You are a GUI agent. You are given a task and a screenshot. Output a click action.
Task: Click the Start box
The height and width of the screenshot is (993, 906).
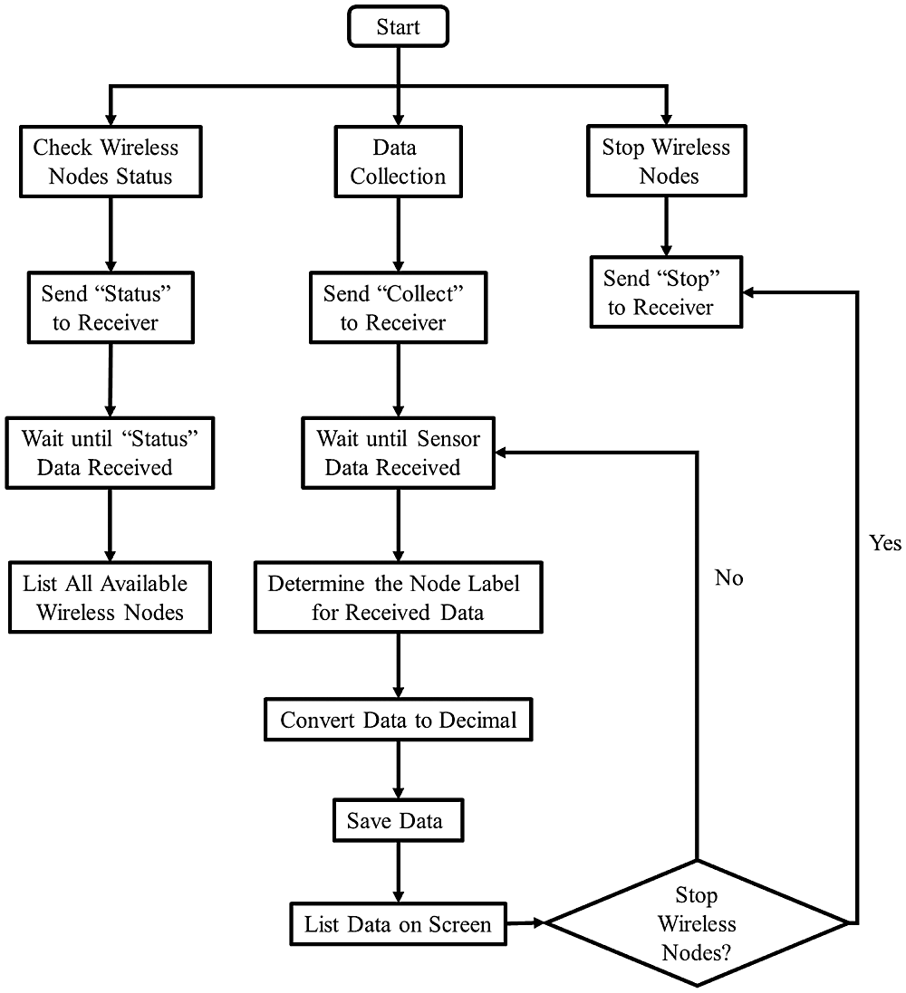pos(399,27)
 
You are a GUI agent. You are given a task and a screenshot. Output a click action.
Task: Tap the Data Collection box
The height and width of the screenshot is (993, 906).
pos(399,161)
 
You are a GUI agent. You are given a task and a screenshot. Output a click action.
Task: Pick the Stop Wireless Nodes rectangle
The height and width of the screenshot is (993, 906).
pos(666,161)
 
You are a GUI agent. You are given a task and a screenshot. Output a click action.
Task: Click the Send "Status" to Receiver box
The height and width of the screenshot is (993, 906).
pos(111,308)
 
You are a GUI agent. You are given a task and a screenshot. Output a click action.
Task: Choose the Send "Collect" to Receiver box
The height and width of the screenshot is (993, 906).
pos(399,308)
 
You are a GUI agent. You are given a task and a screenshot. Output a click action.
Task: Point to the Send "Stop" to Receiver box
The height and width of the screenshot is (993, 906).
pos(666,292)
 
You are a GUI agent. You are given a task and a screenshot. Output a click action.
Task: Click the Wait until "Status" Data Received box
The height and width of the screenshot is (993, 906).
pos(111,453)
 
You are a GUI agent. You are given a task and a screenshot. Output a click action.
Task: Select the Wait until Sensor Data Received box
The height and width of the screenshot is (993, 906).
pos(399,453)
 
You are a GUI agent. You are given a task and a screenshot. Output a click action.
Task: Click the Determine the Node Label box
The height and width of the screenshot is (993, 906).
pos(399,597)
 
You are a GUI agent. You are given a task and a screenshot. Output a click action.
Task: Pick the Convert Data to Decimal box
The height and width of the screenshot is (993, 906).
pos(399,720)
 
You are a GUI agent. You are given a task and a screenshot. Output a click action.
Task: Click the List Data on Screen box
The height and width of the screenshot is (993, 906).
pos(399,924)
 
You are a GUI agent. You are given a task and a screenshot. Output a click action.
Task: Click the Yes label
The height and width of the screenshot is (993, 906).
pos(885,543)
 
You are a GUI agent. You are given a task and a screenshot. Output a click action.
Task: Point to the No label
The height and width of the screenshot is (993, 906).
pos(729,578)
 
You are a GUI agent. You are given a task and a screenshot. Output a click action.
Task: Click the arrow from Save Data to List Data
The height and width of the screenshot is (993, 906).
pos(399,872)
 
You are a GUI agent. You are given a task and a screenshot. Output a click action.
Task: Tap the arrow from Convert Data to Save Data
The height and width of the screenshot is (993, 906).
pos(399,770)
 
